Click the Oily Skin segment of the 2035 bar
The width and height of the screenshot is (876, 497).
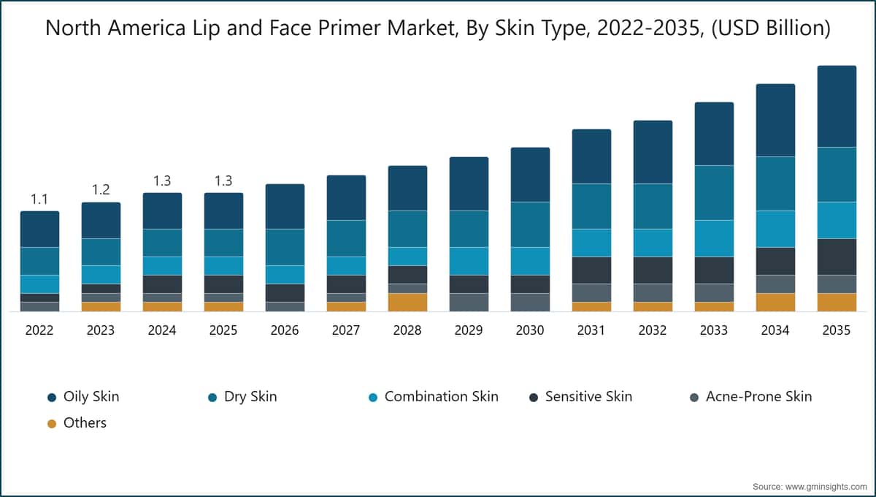coord(837,106)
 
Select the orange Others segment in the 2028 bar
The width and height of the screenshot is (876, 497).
coord(407,302)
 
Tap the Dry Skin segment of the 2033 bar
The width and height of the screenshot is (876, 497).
coord(714,192)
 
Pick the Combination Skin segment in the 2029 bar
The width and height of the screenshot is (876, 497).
coord(469,261)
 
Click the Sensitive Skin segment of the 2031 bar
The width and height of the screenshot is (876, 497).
coord(591,270)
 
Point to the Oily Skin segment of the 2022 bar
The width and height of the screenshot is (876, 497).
coord(39,229)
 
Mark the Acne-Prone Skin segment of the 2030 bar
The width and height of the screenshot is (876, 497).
coord(530,302)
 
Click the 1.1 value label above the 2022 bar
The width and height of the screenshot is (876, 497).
coord(39,199)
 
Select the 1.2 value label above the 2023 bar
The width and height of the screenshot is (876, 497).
coord(101,189)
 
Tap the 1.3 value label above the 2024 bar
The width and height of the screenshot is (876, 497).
coord(162,181)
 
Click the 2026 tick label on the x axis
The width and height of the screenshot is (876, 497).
coord(285,330)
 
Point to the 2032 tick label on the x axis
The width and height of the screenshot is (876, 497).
coord(653,330)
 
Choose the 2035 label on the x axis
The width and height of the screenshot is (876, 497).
coord(837,330)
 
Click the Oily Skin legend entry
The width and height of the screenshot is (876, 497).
coord(91,397)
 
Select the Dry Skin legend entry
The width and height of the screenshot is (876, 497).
coord(250,397)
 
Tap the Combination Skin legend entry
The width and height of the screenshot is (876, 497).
coord(441,397)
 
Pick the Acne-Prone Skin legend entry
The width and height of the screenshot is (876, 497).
coord(758,397)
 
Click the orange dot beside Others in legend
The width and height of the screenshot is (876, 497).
coord(51,423)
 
